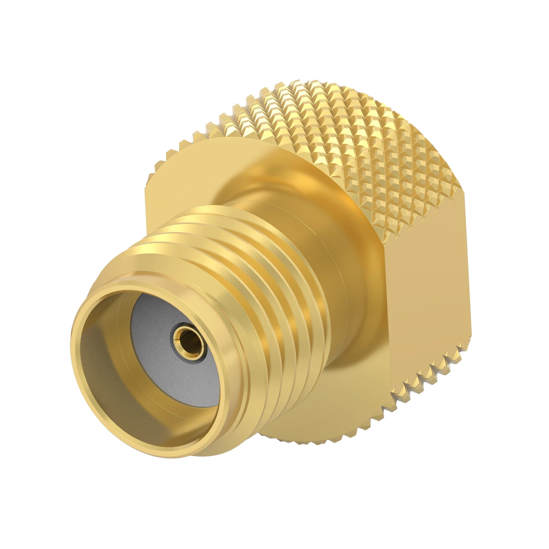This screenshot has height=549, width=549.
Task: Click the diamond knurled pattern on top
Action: tap(341, 128)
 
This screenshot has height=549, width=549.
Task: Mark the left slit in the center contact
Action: tap(174, 340)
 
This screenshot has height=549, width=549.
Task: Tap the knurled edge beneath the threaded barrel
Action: tap(298, 453)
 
